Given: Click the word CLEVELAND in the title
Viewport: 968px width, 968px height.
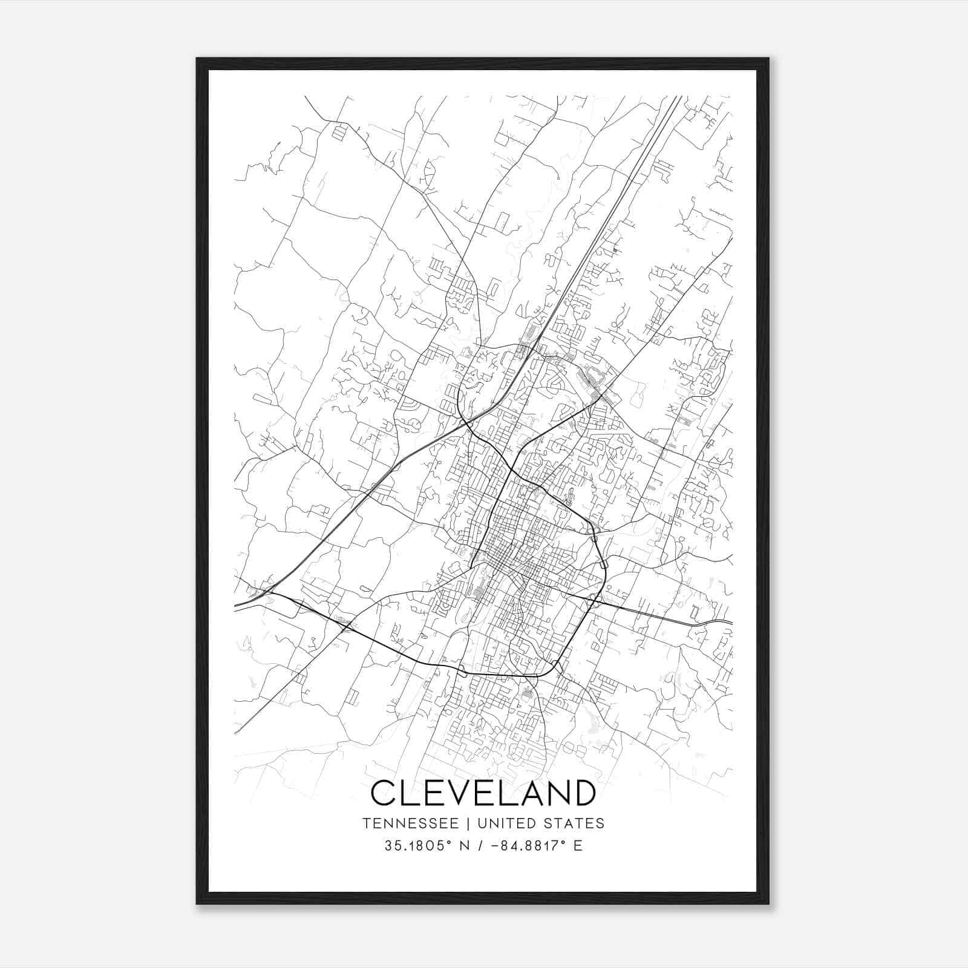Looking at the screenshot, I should pos(483,793).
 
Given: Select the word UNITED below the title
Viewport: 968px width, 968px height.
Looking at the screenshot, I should pos(506,823).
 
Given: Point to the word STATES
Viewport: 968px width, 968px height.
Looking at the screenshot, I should pos(574,823).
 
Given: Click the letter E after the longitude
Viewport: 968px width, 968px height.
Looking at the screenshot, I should pos(578,846).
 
